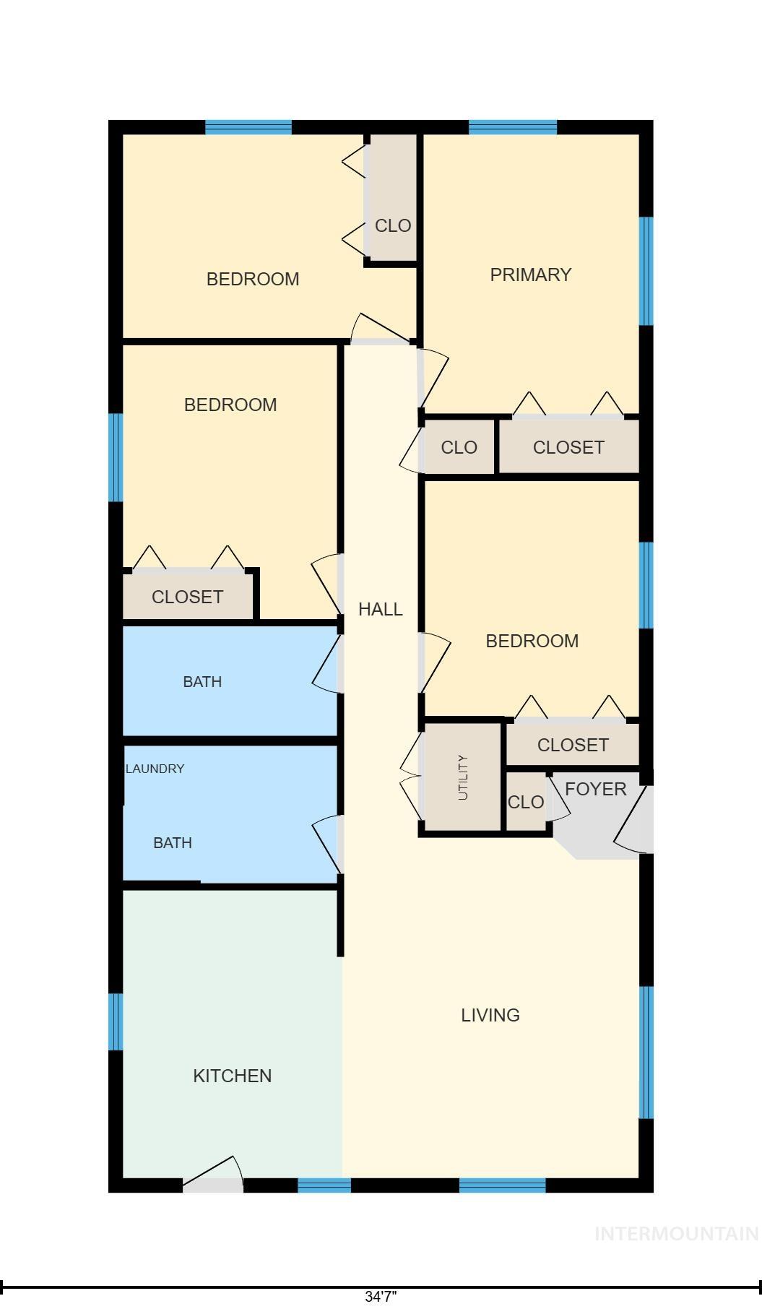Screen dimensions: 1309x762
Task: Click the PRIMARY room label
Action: pos(531,275)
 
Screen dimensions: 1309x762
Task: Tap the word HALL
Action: pos(381,609)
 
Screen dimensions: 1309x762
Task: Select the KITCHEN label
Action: pos(233,1076)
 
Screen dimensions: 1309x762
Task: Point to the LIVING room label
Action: pos(490,1015)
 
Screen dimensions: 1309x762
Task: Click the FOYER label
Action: pos(596,789)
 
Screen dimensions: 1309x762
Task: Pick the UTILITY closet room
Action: pos(463,777)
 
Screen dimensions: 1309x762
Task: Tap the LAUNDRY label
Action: pos(155,769)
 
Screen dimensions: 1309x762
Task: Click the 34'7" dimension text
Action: pos(381,1296)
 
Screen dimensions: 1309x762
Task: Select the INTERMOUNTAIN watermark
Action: pos(676,1234)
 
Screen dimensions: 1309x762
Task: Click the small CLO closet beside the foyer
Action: pos(526,802)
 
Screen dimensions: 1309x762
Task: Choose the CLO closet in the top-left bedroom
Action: pos(392,225)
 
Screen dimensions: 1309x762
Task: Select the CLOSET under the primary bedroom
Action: pos(568,447)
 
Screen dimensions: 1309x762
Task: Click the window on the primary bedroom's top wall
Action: pos(513,128)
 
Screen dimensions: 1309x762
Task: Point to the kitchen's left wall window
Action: pos(115,1021)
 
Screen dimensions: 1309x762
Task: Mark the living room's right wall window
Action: pos(646,1052)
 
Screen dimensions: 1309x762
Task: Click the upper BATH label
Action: pos(202,681)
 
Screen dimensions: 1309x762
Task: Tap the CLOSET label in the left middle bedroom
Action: pos(187,597)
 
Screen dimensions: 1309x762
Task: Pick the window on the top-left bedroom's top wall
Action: pos(248,128)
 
